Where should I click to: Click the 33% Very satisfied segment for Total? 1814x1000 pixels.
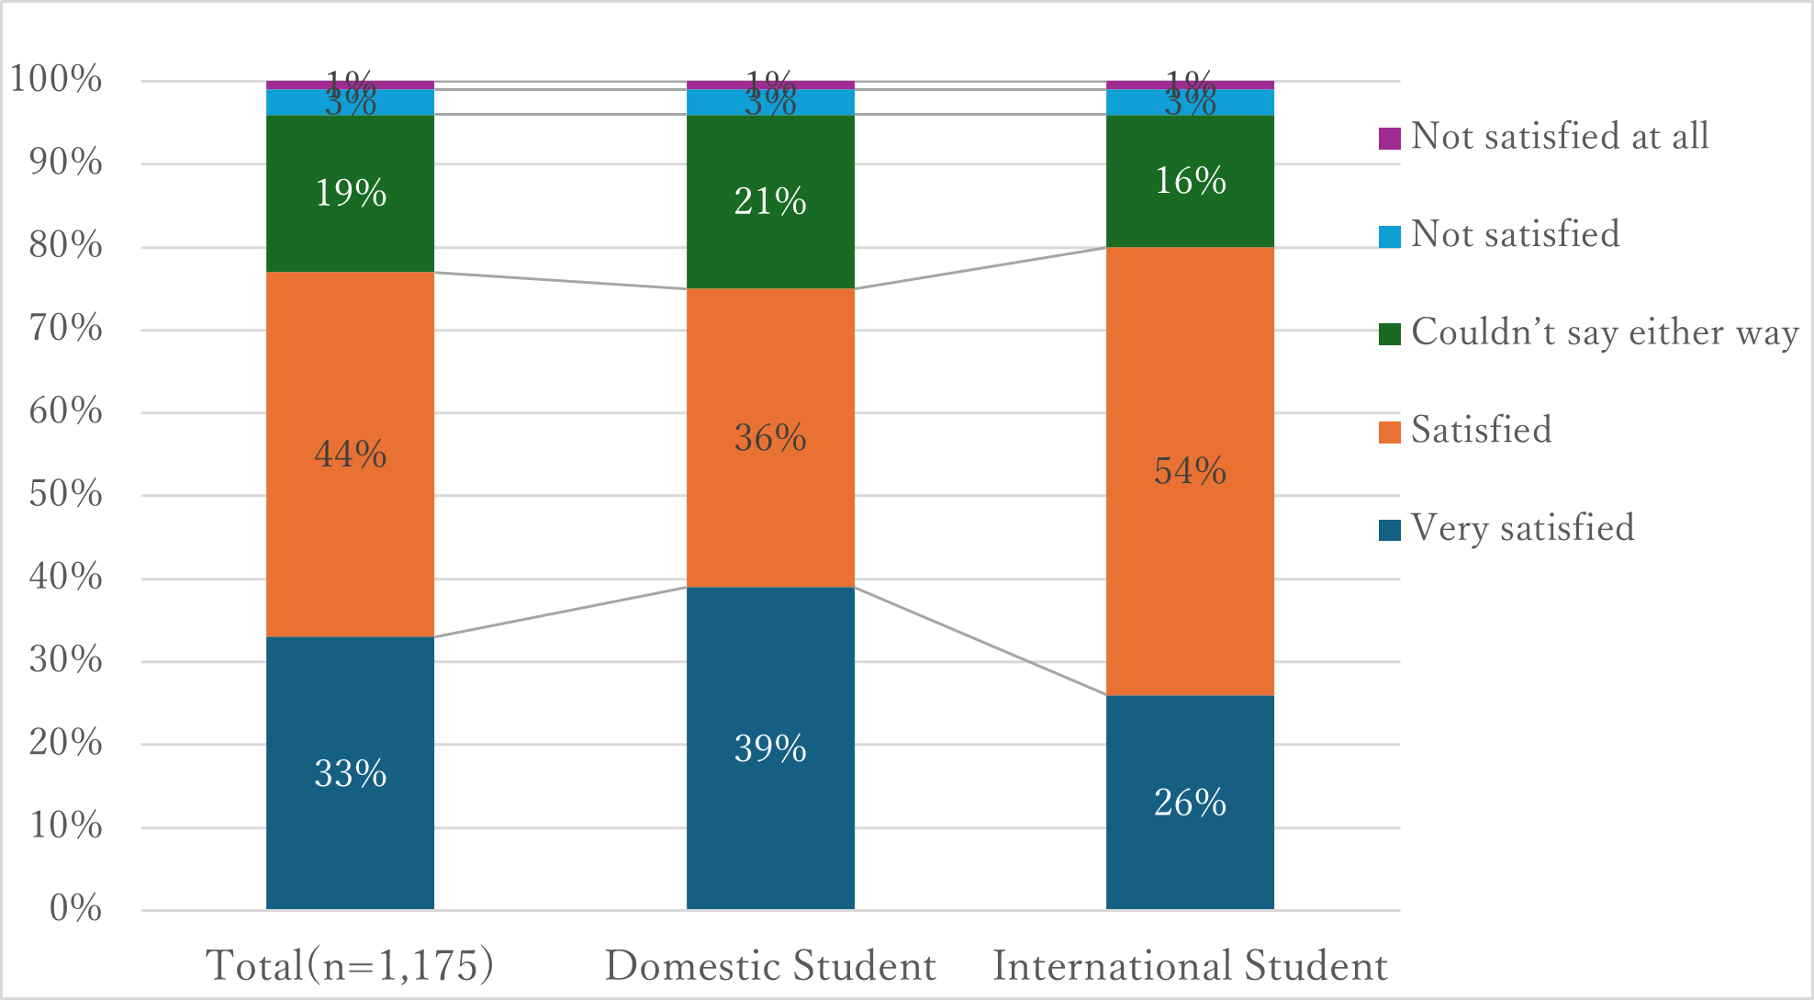350,773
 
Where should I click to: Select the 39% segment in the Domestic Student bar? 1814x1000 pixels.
770,748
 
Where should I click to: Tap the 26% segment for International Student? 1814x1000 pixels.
1190,803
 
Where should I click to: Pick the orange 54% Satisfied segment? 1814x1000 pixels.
1190,471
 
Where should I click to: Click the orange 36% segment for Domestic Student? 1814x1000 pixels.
770,438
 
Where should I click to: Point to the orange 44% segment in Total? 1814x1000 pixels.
350,455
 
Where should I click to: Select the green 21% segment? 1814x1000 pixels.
770,202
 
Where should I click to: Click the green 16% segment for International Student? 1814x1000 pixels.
1190,181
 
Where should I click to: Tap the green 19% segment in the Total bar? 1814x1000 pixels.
350,194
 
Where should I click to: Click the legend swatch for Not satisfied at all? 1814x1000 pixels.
1389,138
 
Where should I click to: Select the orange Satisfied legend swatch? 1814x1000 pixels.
1389,432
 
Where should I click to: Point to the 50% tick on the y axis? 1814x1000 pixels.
65,494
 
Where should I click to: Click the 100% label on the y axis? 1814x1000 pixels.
56,79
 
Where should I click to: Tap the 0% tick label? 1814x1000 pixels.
75,908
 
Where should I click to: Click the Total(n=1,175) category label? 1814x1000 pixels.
350,966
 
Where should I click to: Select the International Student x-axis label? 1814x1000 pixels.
1190,966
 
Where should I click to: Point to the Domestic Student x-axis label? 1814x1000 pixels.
770,966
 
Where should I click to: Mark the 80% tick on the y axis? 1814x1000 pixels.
65,245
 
